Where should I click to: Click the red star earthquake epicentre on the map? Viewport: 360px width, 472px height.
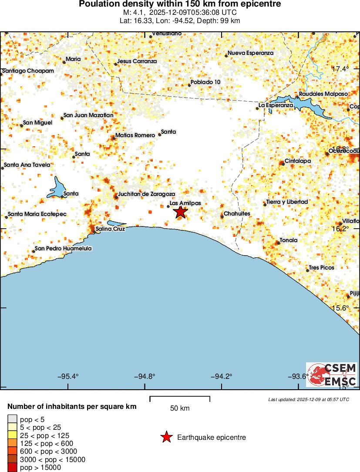tap(180, 212)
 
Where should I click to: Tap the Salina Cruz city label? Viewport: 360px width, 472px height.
tap(110, 229)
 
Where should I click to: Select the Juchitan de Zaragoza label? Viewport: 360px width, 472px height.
tap(147, 194)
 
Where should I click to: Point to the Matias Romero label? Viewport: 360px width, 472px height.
tap(135, 135)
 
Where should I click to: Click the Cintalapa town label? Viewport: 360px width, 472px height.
tap(298, 161)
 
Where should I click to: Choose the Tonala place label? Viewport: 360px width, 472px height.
tap(289, 240)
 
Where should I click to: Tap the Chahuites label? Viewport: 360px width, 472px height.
tap(237, 214)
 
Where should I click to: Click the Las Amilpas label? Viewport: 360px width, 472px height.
tap(185, 203)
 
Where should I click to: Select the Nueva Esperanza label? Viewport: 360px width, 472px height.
tap(251, 53)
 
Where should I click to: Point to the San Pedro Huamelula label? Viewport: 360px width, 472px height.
tap(63, 249)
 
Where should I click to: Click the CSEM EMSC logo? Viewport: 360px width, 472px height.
tap(332, 375)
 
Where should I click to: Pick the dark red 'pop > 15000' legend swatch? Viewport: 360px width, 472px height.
tap(11, 468)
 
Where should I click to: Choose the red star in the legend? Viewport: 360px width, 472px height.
tap(166, 437)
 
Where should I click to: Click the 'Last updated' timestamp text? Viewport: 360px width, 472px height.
tap(309, 399)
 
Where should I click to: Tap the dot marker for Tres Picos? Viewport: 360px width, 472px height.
tap(307, 271)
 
